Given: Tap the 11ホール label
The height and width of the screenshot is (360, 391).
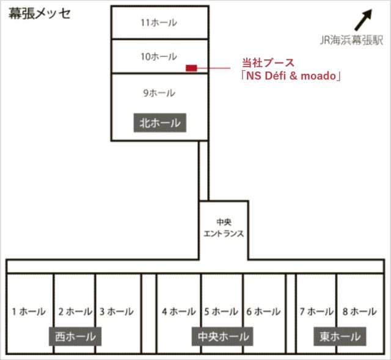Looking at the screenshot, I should [158, 23].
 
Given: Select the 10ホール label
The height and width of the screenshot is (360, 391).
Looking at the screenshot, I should [158, 57].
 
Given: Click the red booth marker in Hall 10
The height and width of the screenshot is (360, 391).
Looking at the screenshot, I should [191, 67].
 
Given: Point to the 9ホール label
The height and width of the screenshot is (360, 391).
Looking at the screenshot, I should [159, 94].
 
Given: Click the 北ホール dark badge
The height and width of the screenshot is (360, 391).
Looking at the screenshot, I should [160, 123].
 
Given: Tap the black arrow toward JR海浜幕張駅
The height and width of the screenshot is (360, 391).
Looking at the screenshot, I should [365, 20].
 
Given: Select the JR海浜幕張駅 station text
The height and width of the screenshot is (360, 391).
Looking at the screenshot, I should [351, 41].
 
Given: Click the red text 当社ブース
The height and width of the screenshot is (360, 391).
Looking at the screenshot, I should [268, 62].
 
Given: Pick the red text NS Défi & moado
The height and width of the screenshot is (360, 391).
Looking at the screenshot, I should [290, 76].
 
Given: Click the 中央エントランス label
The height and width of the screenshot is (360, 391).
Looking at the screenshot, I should [223, 228].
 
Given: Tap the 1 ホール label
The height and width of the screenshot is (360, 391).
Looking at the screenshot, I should [29, 312].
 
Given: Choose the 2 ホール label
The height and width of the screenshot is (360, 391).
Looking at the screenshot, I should [75, 312].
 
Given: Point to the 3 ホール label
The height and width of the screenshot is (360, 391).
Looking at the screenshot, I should [116, 312].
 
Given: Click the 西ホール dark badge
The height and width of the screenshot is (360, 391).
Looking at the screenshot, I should [75, 336].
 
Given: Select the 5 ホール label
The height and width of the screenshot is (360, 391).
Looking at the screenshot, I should [221, 312].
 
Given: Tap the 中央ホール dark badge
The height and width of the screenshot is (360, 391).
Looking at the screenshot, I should [224, 336].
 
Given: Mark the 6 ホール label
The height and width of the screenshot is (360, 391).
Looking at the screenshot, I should [263, 312].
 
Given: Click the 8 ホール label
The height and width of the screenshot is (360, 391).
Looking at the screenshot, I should [359, 312].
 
